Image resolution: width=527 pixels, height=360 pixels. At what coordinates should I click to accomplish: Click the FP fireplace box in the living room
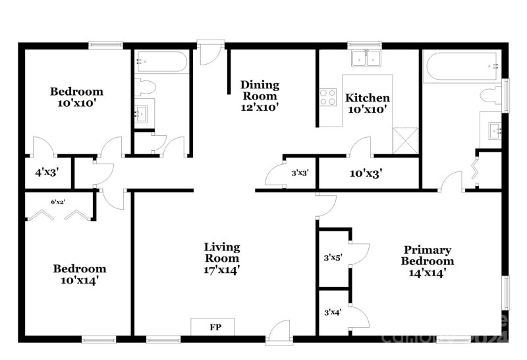tap(214, 327)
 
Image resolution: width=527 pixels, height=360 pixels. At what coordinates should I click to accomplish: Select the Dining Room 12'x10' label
tap(260, 96)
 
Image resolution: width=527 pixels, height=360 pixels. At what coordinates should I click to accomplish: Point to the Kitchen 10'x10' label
tap(366, 103)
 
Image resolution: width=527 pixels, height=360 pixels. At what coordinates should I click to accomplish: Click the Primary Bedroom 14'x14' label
tap(428, 260)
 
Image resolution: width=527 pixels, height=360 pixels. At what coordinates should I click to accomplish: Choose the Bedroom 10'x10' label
tap(76, 97)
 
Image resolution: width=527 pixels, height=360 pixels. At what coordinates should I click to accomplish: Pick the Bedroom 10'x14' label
tap(79, 274)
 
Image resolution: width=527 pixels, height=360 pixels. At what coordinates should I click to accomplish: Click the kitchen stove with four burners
tap(327, 98)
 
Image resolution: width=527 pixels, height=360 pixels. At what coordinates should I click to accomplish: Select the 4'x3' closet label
tap(47, 174)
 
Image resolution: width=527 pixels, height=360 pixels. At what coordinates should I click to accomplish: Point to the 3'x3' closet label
tap(300, 173)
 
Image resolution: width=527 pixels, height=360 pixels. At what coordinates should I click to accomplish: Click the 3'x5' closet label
tap(333, 258)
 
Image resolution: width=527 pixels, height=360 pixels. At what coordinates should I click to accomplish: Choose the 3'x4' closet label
tap(333, 313)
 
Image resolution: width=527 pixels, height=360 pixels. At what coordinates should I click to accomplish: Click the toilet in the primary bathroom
tap(491, 96)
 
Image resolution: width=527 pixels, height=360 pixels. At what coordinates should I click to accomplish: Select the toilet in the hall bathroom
tap(146, 87)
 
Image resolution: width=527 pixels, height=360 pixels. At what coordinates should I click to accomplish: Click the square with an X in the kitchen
tap(404, 140)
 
